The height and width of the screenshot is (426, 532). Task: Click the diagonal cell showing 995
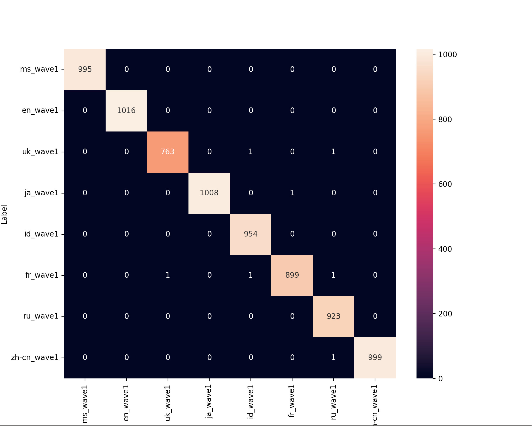point(85,69)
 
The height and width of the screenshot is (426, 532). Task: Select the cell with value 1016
point(126,111)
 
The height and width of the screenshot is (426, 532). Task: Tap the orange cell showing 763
point(168,152)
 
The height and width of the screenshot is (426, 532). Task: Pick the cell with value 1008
point(209,193)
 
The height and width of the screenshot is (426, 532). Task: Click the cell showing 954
point(250,234)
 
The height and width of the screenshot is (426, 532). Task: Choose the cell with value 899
point(292,275)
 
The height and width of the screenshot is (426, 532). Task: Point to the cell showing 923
point(333,316)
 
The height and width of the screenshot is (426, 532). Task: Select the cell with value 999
point(375,358)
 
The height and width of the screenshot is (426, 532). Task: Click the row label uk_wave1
point(40,152)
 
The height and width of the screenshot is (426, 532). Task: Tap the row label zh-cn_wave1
point(35,358)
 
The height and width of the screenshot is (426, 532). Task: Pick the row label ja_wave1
point(41,193)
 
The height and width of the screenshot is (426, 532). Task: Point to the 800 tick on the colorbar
point(445,119)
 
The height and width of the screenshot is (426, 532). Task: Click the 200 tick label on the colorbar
point(445,314)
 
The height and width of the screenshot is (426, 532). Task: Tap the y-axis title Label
point(4,214)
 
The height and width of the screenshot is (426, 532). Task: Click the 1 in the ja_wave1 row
point(292,193)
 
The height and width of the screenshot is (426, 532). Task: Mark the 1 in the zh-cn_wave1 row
point(333,358)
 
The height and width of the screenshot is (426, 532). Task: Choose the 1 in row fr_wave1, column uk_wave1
point(168,275)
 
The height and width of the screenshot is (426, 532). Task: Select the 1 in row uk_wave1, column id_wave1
point(250,152)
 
